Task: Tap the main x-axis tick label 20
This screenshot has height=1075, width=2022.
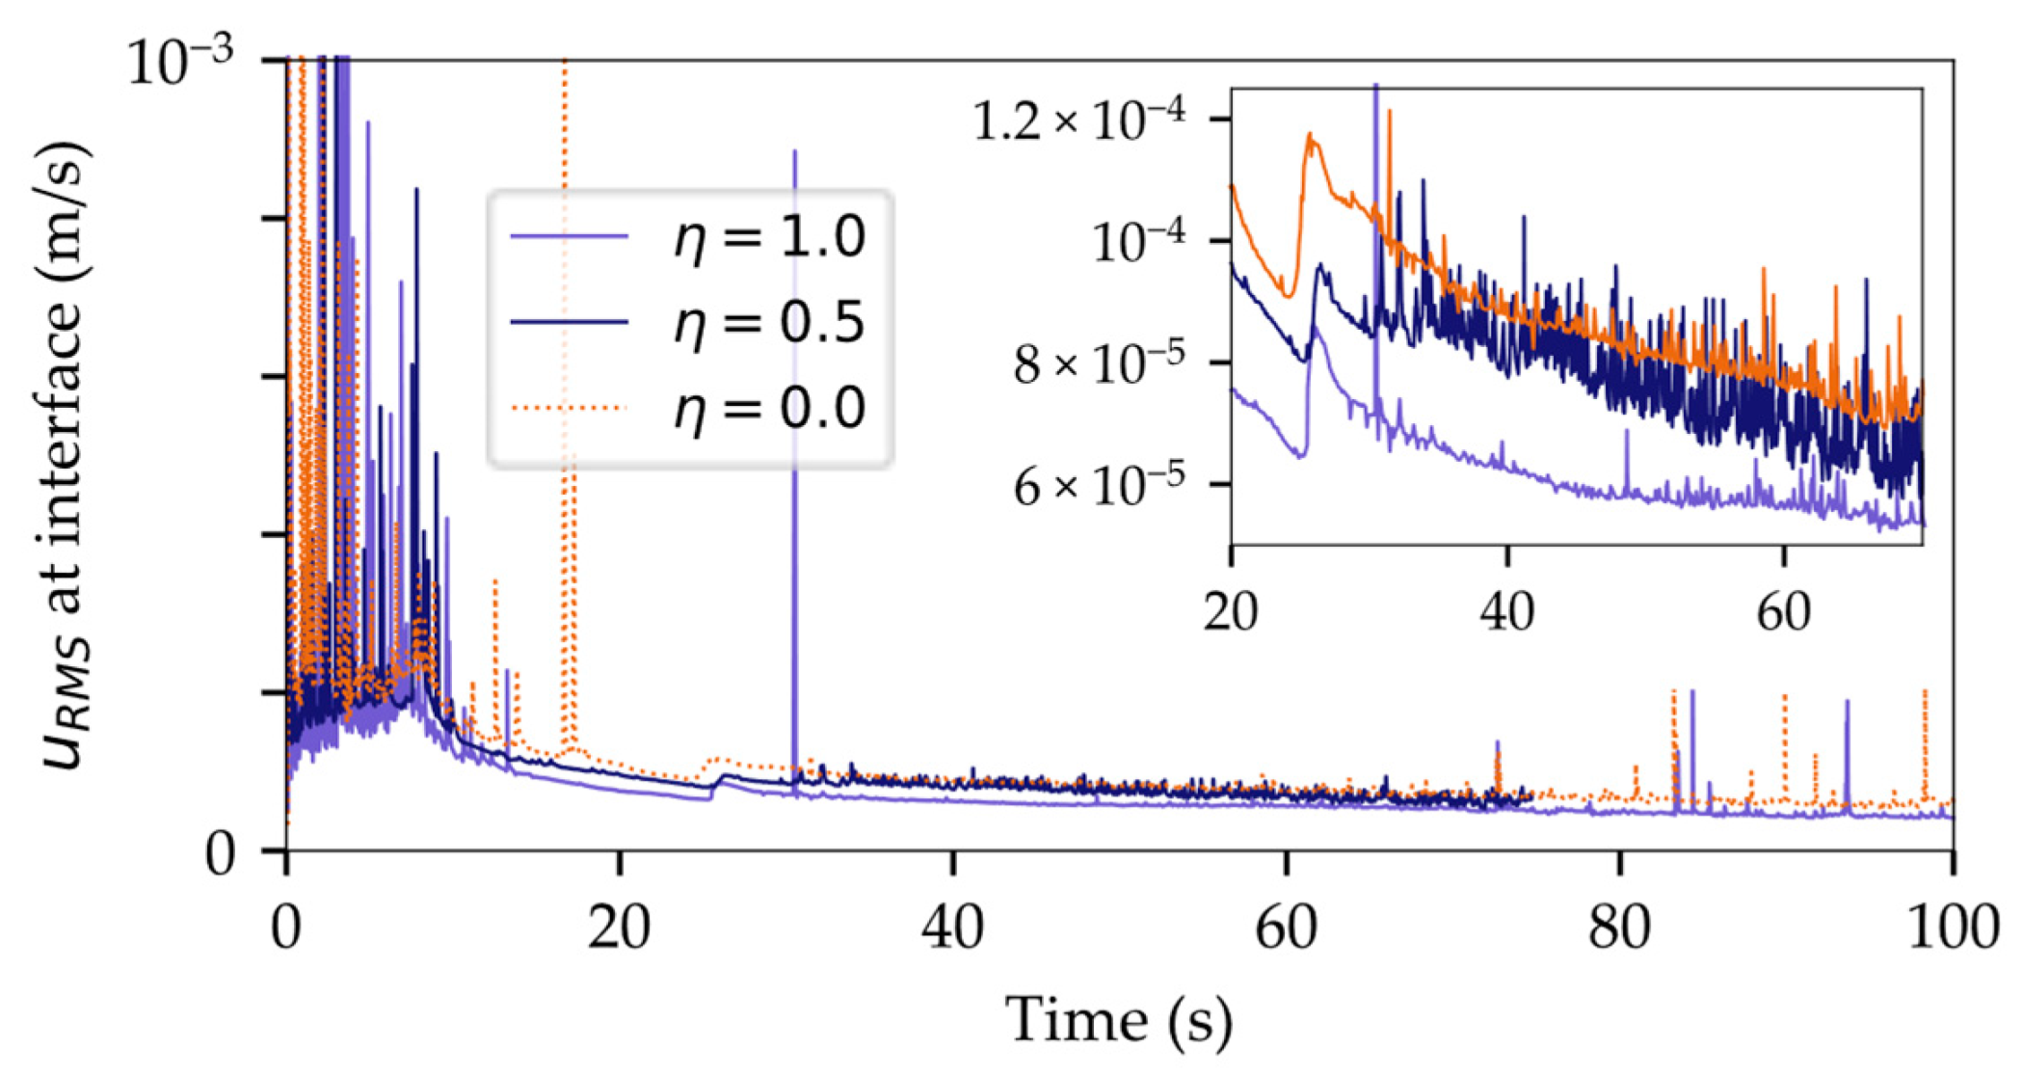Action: click(619, 928)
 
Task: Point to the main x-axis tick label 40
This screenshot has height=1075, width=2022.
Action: click(952, 928)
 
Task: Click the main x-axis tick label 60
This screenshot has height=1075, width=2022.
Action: click(1286, 928)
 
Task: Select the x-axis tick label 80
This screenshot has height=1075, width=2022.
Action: click(1619, 928)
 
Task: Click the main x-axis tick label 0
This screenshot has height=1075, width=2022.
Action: click(286, 928)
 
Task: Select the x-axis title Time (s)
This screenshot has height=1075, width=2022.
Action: click(1118, 1020)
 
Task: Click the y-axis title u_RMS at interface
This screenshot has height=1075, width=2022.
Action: click(67, 453)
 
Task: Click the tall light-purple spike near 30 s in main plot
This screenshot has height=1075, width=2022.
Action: click(794, 289)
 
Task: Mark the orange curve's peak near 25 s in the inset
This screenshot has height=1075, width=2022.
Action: click(1310, 136)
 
